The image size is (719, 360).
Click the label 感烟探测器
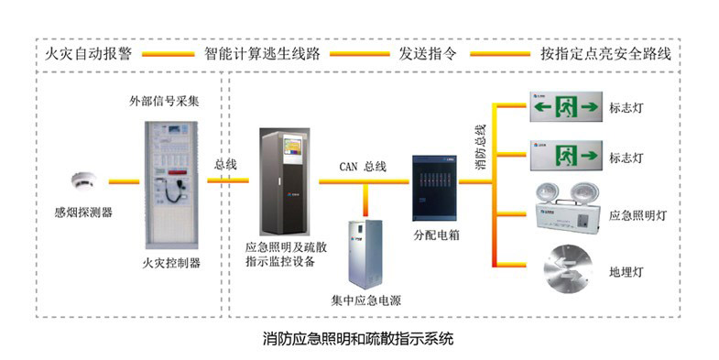pos(83,213)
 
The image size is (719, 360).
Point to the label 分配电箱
pos(435,235)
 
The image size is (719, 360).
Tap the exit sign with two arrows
pos(565,107)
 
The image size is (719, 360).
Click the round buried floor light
pos(566,267)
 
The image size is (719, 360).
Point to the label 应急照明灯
pos(637,215)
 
